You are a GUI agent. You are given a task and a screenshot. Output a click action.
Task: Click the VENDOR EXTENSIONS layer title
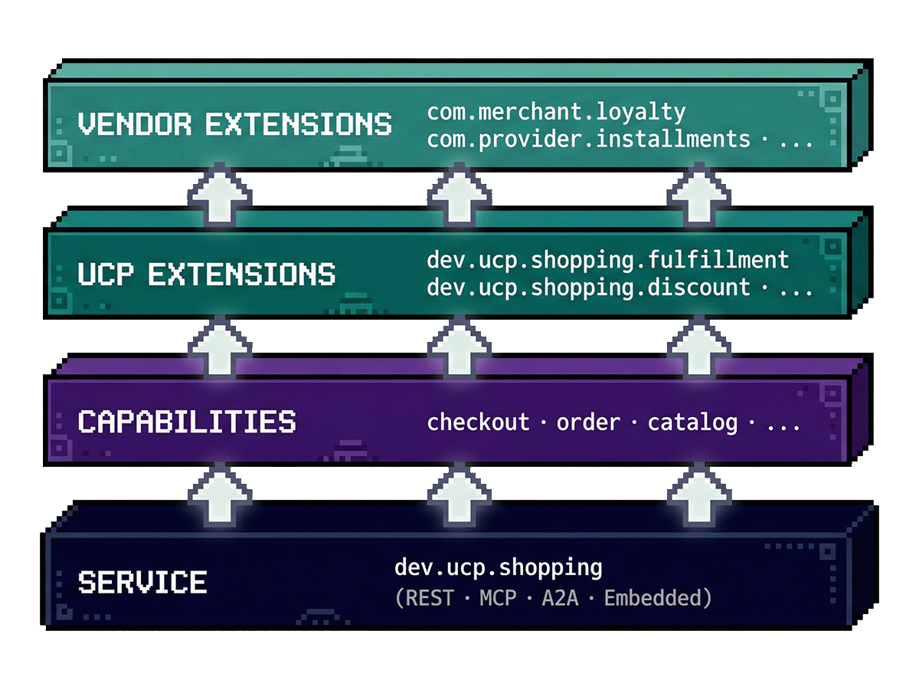pyautogui.click(x=234, y=124)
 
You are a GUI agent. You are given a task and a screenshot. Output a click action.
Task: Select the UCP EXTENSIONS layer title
pyautogui.click(x=206, y=274)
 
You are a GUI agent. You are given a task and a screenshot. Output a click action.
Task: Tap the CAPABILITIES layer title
pyautogui.click(x=186, y=422)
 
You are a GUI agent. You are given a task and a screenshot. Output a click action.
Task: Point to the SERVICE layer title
pyautogui.click(x=142, y=582)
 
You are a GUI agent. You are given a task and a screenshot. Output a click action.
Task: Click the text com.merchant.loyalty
pyautogui.click(x=556, y=112)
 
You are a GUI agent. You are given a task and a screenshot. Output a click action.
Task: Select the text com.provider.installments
pyautogui.click(x=588, y=140)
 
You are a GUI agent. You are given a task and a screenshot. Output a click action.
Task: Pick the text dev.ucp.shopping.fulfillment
pyautogui.click(x=607, y=260)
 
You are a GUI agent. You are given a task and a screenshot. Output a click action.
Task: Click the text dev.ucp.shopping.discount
pyautogui.click(x=588, y=287)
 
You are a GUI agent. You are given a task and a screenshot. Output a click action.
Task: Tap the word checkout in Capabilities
pyautogui.click(x=478, y=422)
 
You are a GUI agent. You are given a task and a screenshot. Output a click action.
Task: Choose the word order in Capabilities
pyautogui.click(x=588, y=422)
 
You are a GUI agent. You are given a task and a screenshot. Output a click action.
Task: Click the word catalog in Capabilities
pyautogui.click(x=692, y=422)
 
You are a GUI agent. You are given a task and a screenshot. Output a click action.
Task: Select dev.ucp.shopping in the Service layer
pyautogui.click(x=498, y=568)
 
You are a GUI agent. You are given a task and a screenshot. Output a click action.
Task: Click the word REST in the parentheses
pyautogui.click(x=430, y=598)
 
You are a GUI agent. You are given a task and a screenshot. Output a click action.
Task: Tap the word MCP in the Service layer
pyautogui.click(x=497, y=598)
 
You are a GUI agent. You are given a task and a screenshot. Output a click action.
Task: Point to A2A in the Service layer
pyautogui.click(x=559, y=598)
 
